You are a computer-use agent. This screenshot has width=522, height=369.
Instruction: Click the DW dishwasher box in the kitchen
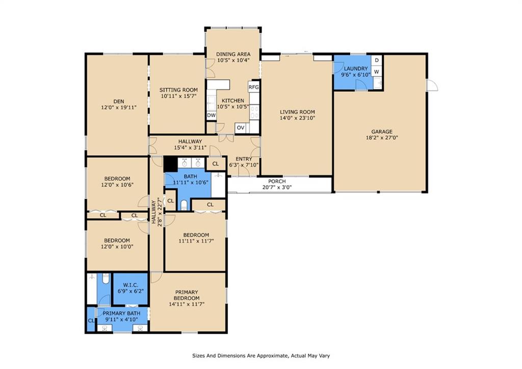212,115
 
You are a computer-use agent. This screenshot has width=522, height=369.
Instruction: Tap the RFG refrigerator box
254,87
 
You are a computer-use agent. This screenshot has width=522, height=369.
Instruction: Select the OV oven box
241,128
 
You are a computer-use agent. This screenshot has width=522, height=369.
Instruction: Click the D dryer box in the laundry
377,60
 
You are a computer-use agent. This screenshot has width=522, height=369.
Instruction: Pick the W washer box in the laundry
377,71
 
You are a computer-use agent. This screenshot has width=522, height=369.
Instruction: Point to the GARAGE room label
382,132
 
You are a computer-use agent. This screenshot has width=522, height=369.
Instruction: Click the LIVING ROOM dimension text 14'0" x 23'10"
297,118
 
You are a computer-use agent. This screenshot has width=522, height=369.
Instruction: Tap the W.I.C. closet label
130,285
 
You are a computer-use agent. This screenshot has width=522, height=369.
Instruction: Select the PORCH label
277,181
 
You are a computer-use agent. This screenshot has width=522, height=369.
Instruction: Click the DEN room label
119,102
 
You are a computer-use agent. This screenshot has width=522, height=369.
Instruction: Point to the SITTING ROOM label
178,90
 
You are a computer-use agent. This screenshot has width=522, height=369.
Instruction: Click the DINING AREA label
233,54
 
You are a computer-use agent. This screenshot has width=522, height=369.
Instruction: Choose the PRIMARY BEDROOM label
187,295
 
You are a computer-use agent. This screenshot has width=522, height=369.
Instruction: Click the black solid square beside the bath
170,164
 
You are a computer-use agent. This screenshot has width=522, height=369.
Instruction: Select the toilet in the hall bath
184,205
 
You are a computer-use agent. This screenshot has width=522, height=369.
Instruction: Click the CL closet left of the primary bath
91,321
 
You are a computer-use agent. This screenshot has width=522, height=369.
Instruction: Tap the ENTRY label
244,159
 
